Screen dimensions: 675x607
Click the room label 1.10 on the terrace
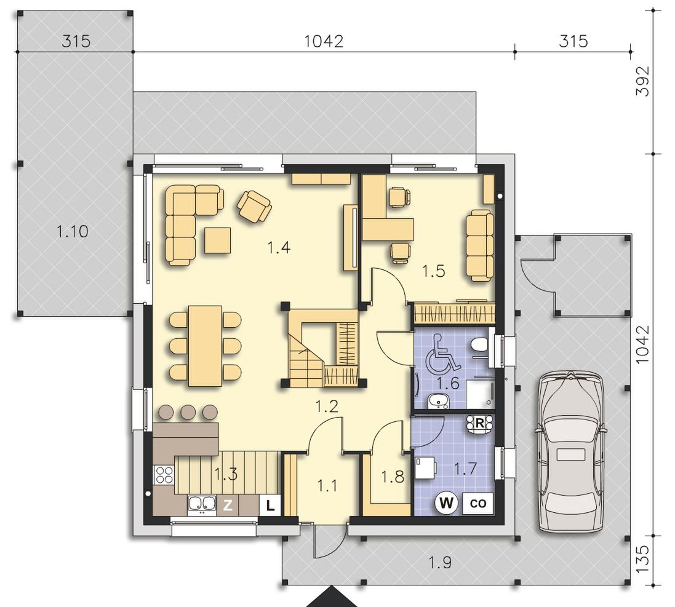(x=73, y=231)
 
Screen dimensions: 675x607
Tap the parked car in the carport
(x=570, y=451)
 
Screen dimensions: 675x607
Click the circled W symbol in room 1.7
(x=447, y=502)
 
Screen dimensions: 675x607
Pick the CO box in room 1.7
(x=478, y=503)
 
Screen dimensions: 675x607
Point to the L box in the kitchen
(x=270, y=505)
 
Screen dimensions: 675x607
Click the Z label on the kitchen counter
(x=228, y=505)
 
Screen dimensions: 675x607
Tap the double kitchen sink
(x=202, y=505)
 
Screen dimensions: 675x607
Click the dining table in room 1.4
(x=205, y=346)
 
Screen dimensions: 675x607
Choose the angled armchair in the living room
(x=254, y=207)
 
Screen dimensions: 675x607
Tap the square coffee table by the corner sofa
(x=217, y=240)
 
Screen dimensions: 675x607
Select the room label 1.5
(x=434, y=271)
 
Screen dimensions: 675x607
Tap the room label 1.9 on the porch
(x=441, y=562)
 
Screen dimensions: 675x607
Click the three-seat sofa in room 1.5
(x=480, y=245)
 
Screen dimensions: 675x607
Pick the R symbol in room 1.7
(x=479, y=423)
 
